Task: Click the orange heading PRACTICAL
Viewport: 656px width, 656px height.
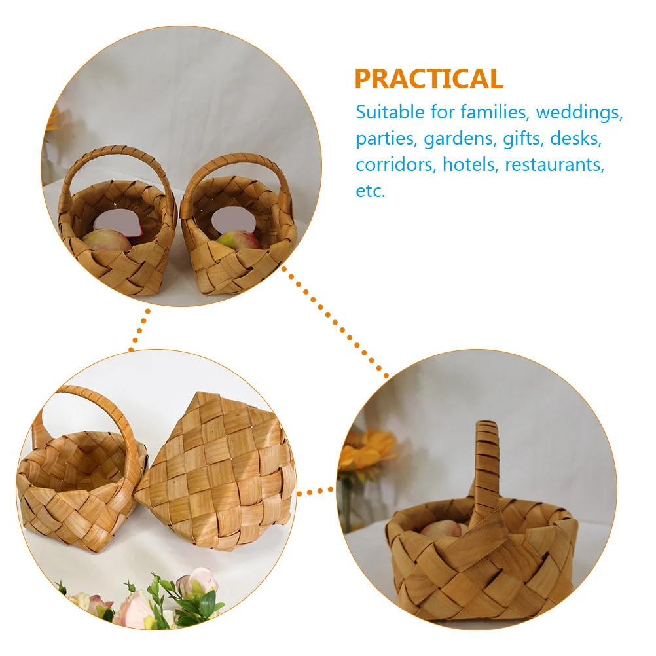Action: pyautogui.click(x=429, y=79)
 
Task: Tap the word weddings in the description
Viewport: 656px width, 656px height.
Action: pyautogui.click(x=579, y=112)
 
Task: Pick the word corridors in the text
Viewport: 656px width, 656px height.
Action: pyautogui.click(x=395, y=164)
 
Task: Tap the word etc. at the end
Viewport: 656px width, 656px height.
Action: pyautogui.click(x=371, y=191)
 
